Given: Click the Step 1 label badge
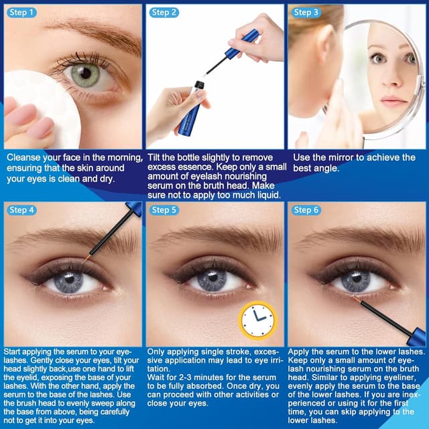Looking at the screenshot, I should click(x=21, y=12).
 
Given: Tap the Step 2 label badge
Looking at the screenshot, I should click(x=164, y=12).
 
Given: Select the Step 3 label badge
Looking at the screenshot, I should click(x=307, y=12).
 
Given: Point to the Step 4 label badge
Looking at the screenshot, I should click(x=21, y=210).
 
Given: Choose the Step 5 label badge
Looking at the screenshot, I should click(x=164, y=210).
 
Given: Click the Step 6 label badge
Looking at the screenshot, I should click(x=307, y=210).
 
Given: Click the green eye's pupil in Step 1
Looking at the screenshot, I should click(x=86, y=74).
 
